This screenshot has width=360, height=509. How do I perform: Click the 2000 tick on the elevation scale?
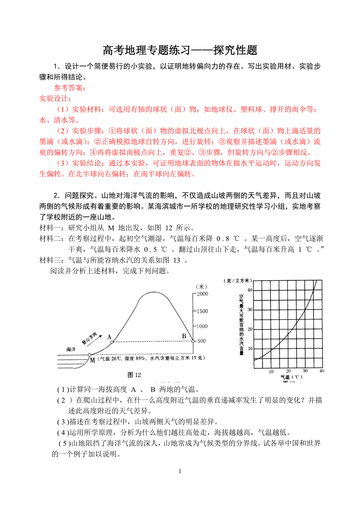pyautogui.click(x=202, y=294)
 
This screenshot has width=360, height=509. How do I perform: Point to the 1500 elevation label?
pyautogui.click(x=202, y=311)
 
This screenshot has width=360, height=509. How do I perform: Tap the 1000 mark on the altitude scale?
pyautogui.click(x=202, y=326)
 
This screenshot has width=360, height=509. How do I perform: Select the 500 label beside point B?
pyautogui.click(x=201, y=341)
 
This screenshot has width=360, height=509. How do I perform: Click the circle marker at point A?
pyautogui.click(x=112, y=342)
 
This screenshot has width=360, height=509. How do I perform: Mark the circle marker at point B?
pyautogui.click(x=193, y=341)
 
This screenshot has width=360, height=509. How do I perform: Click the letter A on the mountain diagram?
pyautogui.click(x=109, y=336)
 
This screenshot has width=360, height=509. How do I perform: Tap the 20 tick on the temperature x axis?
pyautogui.click(x=288, y=371)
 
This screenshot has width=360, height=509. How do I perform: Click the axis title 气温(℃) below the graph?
pyautogui.click(x=292, y=377)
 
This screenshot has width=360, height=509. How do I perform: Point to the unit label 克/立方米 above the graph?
pyautogui.click(x=238, y=281)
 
